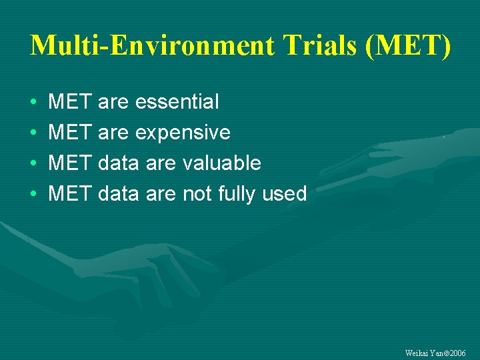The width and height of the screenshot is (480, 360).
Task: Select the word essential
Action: [177, 102]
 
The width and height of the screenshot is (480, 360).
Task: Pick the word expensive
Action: [183, 133]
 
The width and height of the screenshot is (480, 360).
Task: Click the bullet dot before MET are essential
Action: [33, 103]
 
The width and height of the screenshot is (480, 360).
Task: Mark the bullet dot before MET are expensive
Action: [33, 133]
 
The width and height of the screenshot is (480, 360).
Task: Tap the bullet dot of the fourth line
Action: [33, 195]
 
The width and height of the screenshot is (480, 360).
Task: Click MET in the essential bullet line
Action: [70, 102]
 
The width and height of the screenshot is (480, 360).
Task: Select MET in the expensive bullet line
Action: [70, 133]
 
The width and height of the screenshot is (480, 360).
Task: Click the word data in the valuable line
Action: [118, 163]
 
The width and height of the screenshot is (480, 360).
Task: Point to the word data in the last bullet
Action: [118, 194]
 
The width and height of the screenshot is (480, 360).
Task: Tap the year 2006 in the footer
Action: [457, 353]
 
